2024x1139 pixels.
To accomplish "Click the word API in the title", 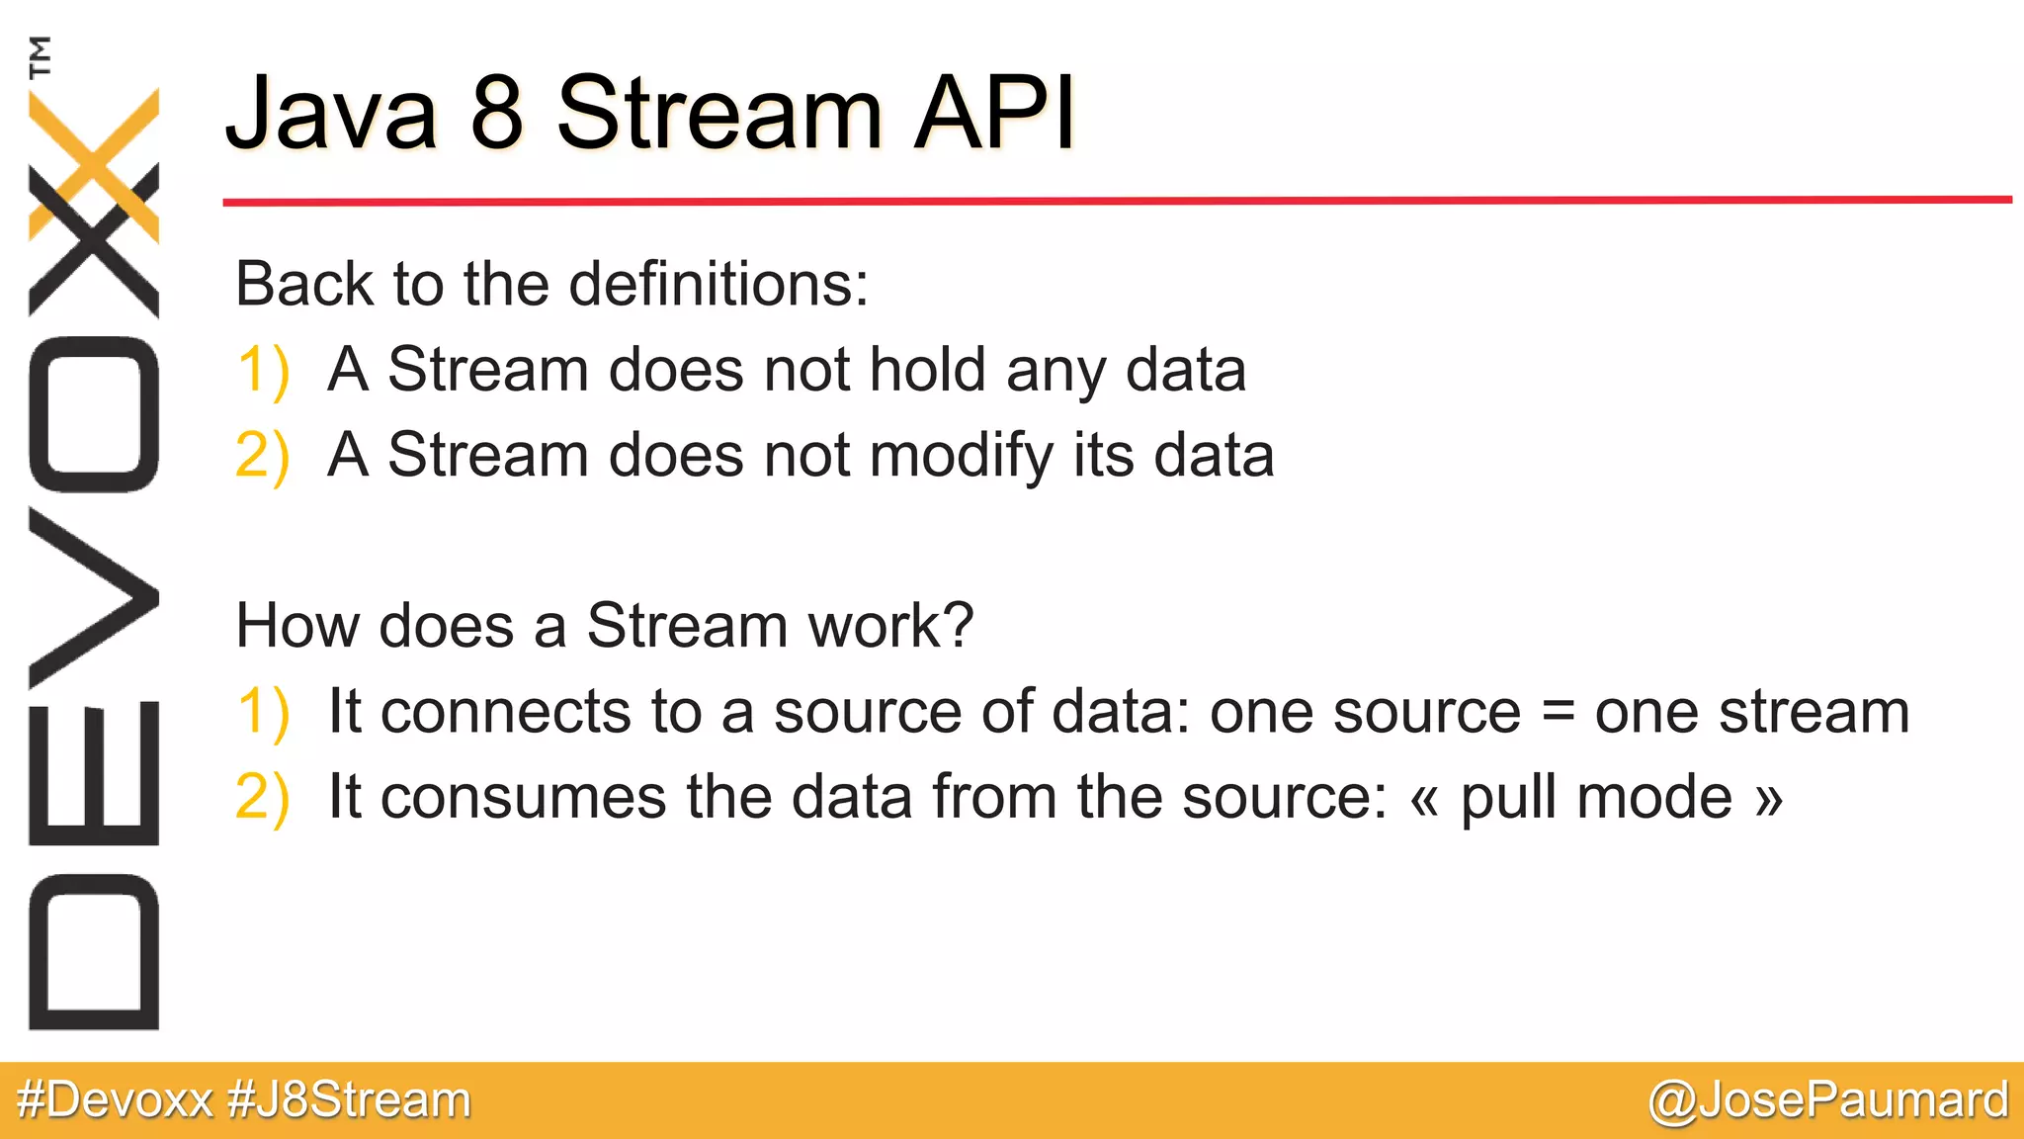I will (993, 113).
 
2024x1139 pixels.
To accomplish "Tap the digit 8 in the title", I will (496, 113).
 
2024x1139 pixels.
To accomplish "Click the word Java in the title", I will (332, 115).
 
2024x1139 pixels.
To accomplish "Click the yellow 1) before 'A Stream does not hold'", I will (263, 371).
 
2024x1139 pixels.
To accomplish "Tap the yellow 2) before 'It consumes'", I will (263, 798).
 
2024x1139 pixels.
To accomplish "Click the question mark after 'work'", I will (957, 626).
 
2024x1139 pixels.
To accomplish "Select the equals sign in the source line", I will (1558, 712).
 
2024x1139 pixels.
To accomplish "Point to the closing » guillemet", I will (1769, 799).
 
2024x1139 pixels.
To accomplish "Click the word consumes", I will (523, 799).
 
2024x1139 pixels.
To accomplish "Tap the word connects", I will (505, 712).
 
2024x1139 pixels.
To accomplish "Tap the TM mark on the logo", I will (40, 56).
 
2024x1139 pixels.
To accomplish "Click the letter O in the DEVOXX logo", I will (94, 414).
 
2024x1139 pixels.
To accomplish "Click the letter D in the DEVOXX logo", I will (94, 952).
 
